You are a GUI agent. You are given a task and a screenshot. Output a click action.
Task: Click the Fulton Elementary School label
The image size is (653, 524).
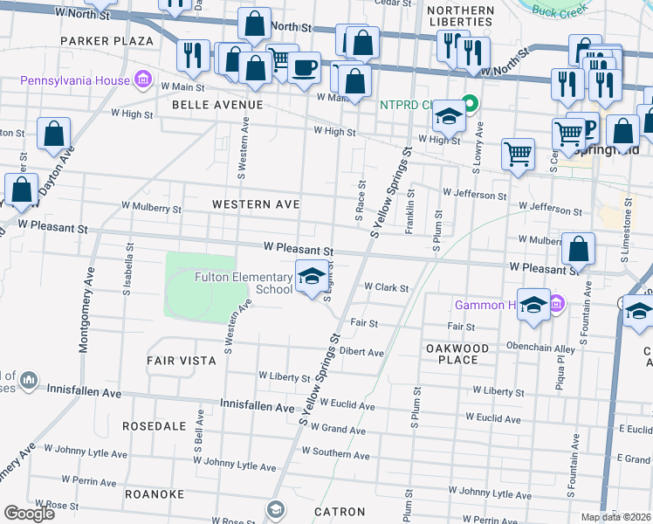[x=243, y=284]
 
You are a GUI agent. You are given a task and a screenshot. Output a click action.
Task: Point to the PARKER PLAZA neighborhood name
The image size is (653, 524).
[x=107, y=40]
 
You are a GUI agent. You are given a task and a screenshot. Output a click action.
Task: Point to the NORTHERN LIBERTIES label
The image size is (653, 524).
[x=461, y=16]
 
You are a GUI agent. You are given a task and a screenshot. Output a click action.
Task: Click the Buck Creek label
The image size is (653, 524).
[x=556, y=14]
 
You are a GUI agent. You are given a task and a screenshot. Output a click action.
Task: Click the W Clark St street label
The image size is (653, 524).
[x=387, y=286]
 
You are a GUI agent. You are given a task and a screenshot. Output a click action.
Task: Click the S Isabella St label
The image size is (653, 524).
[x=127, y=273]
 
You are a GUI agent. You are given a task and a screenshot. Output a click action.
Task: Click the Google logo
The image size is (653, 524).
[x=28, y=513]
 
